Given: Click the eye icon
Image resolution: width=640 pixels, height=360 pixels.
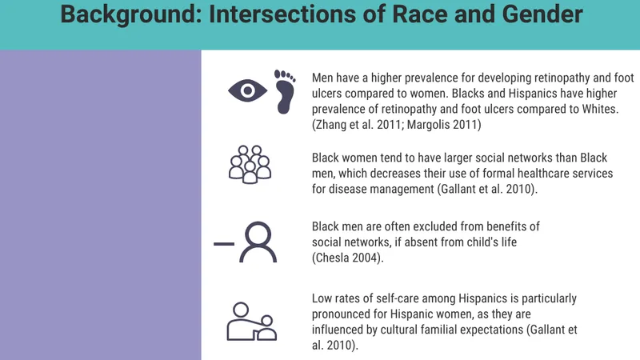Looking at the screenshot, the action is pos(247,90).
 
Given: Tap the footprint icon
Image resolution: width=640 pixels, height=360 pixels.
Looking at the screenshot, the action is pos(285,91).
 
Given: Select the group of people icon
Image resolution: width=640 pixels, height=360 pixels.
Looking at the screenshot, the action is pos(250,165).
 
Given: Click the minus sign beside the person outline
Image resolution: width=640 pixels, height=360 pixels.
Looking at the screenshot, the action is pos(224,244).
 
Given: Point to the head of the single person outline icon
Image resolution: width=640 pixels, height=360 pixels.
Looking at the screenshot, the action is pos(258,234).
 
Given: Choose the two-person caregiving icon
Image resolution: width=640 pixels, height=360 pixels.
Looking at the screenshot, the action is pos(251,322).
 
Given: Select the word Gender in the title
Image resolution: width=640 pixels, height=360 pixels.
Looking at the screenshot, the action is pos(542,14).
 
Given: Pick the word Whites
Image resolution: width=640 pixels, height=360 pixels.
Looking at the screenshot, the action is pos(600,109).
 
